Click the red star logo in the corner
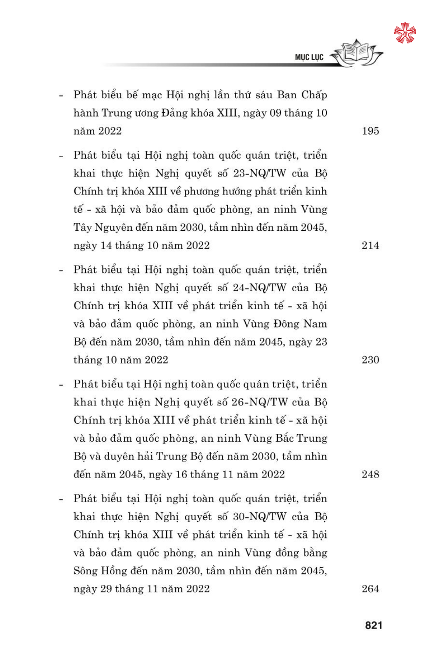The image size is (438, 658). [x=405, y=33]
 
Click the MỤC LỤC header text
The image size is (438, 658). [x=309, y=57]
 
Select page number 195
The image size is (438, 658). [x=370, y=131]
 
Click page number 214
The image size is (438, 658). [x=370, y=245]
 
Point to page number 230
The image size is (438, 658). [x=370, y=360]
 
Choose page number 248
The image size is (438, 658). [x=370, y=474]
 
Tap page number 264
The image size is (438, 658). [x=370, y=589]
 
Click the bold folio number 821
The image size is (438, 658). [x=374, y=625]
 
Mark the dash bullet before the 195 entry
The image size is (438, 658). [x=61, y=95]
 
